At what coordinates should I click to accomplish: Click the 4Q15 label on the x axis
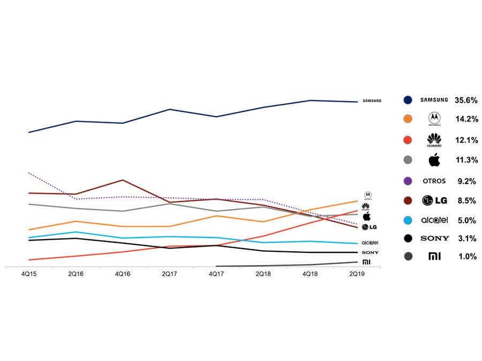[28, 273]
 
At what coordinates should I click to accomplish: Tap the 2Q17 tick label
[169, 273]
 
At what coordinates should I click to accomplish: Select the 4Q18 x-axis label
[310, 273]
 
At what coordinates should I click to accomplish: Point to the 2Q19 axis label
[357, 273]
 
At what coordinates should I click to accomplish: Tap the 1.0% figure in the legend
[467, 257]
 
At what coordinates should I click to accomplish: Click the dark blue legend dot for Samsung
[408, 100]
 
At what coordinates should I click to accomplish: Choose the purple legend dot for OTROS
[408, 181]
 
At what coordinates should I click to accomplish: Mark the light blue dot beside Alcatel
[408, 220]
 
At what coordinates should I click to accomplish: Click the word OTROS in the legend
[434, 181]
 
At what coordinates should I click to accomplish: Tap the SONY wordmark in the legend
[434, 239]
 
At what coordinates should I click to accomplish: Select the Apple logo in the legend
[434, 159]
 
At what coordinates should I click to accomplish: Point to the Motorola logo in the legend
[434, 118]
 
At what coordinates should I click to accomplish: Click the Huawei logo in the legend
[434, 140]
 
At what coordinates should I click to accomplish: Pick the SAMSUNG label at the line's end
[372, 101]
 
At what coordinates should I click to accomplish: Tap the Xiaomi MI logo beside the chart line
[366, 262]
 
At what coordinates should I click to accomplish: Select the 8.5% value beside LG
[466, 201]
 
